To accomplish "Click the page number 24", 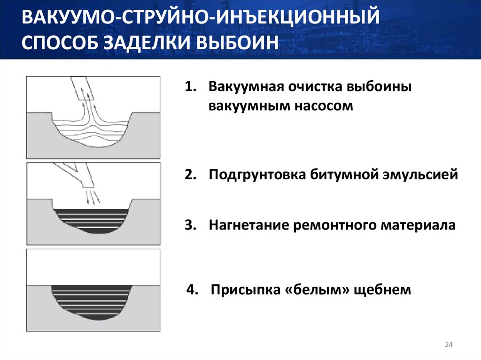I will tap(448, 345).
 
